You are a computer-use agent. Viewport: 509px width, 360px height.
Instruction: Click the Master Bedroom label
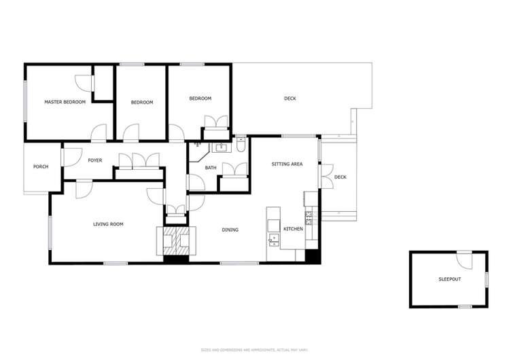coord(65,102)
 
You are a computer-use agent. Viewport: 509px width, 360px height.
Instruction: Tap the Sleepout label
coord(449,279)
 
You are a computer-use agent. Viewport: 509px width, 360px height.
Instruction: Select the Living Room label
coord(108,223)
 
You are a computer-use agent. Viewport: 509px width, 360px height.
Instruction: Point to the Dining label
coord(230,230)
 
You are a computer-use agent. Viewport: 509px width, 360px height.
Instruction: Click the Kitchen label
coord(293,229)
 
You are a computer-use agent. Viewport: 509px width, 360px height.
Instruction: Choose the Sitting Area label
coord(287,164)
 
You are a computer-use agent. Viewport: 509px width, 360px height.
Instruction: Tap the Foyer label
coord(94,160)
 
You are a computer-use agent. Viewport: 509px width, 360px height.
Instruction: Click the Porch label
coord(41,166)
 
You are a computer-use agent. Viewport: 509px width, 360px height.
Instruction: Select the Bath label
coord(211,168)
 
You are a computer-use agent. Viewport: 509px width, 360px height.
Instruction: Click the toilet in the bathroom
coord(241,145)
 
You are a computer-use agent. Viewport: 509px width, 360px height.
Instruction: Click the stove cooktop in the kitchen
coord(309,217)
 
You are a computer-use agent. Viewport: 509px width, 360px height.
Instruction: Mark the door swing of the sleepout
coord(464,259)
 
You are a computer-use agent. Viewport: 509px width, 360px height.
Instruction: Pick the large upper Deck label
coord(290,99)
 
